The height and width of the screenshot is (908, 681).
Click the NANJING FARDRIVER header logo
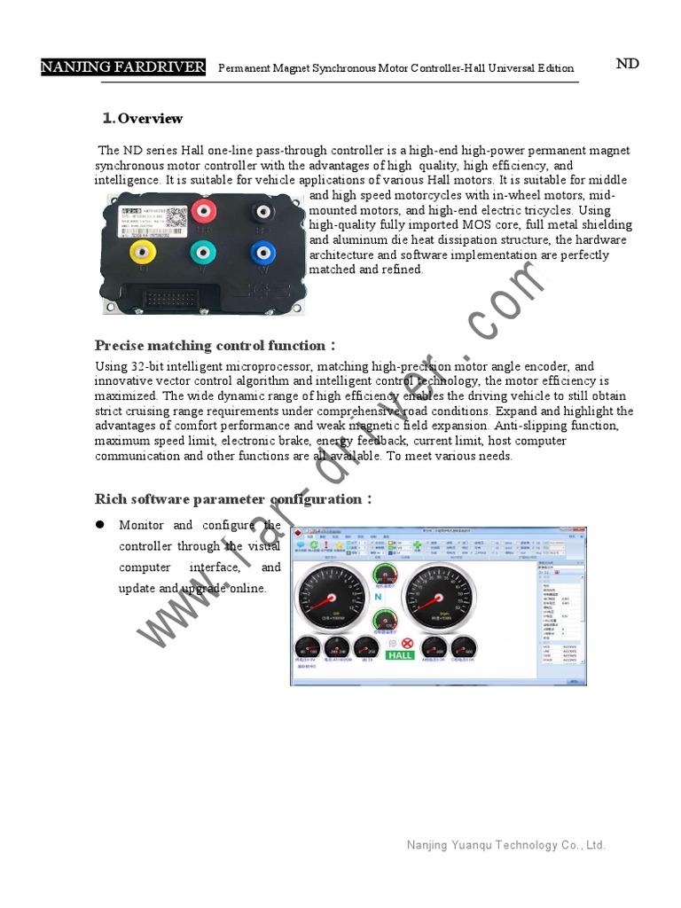pos(123,67)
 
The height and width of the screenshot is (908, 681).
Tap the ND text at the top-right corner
pos(627,64)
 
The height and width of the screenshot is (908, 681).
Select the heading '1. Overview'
pos(143,119)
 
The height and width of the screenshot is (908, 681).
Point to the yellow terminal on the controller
pos(141,253)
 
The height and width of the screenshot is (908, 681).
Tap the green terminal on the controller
pos(203,252)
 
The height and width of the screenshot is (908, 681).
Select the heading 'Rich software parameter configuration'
pos(229,499)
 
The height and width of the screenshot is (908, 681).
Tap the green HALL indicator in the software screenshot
pos(400,655)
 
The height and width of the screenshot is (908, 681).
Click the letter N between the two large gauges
pos(378,597)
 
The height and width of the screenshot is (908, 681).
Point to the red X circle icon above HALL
pos(407,643)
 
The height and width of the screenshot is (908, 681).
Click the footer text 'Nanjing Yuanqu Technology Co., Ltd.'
pos(505,845)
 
